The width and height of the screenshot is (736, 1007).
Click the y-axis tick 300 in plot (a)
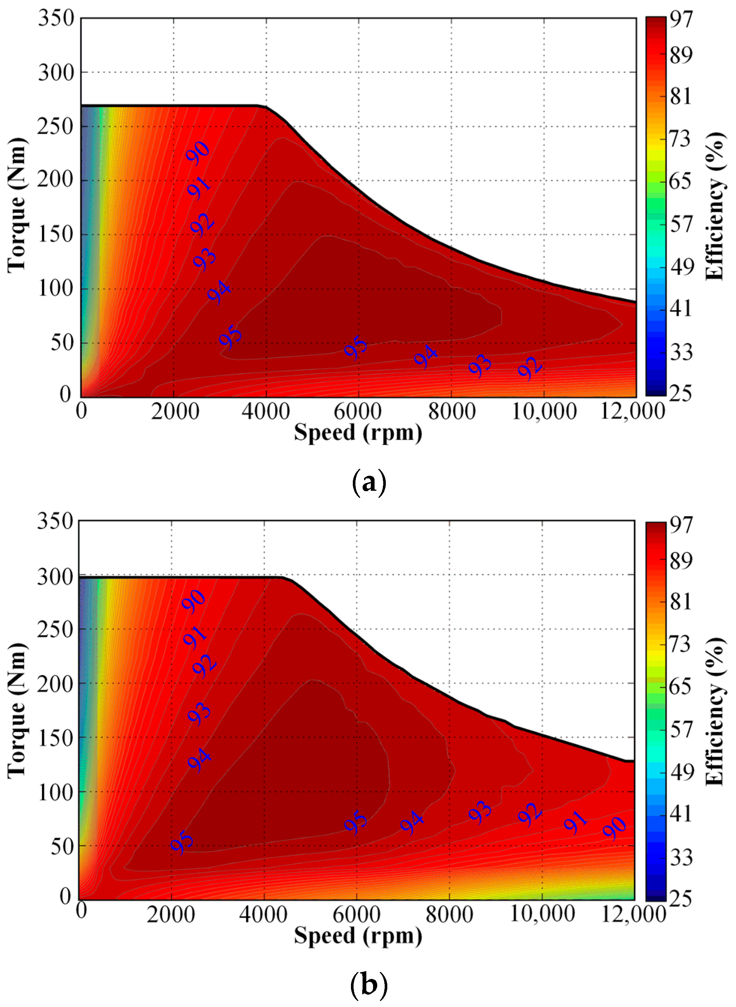point(56,73)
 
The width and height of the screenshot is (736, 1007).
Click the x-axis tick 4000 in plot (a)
point(265,411)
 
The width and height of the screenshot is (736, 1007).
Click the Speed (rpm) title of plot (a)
point(358,433)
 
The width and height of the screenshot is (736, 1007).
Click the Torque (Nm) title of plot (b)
point(17,711)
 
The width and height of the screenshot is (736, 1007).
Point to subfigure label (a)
point(369,483)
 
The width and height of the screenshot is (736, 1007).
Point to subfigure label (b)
point(369,985)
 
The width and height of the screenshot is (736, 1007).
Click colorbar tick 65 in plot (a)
point(680,182)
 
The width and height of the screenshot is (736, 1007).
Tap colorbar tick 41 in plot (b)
point(680,814)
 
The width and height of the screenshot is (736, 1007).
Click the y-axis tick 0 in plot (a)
point(66,394)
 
